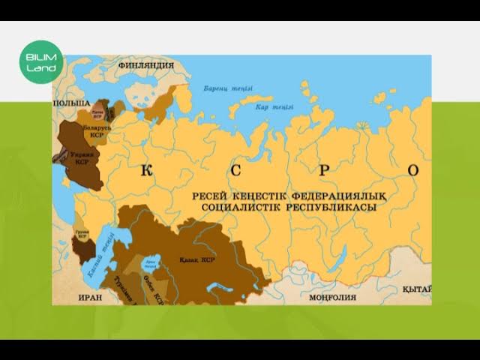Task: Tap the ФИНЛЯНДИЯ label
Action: [x=146, y=66]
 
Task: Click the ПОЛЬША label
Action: [x=71, y=102]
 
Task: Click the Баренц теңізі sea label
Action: [x=224, y=88]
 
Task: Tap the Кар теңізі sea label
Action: [x=274, y=107]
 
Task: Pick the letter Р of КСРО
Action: [x=324, y=171]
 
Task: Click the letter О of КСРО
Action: [x=413, y=171]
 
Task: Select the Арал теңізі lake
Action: [x=151, y=262]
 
